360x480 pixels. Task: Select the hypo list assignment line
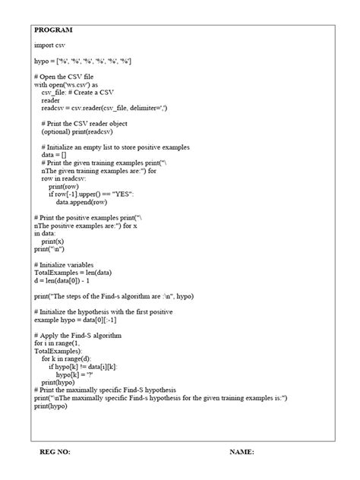click(x=84, y=61)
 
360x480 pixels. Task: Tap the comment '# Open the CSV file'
click(x=63, y=77)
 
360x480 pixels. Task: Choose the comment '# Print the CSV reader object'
click(x=84, y=124)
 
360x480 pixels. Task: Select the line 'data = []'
click(x=54, y=155)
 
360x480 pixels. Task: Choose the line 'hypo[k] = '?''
click(x=78, y=374)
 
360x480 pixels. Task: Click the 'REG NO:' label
click(x=55, y=452)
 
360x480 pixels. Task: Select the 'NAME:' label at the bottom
click(x=242, y=452)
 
